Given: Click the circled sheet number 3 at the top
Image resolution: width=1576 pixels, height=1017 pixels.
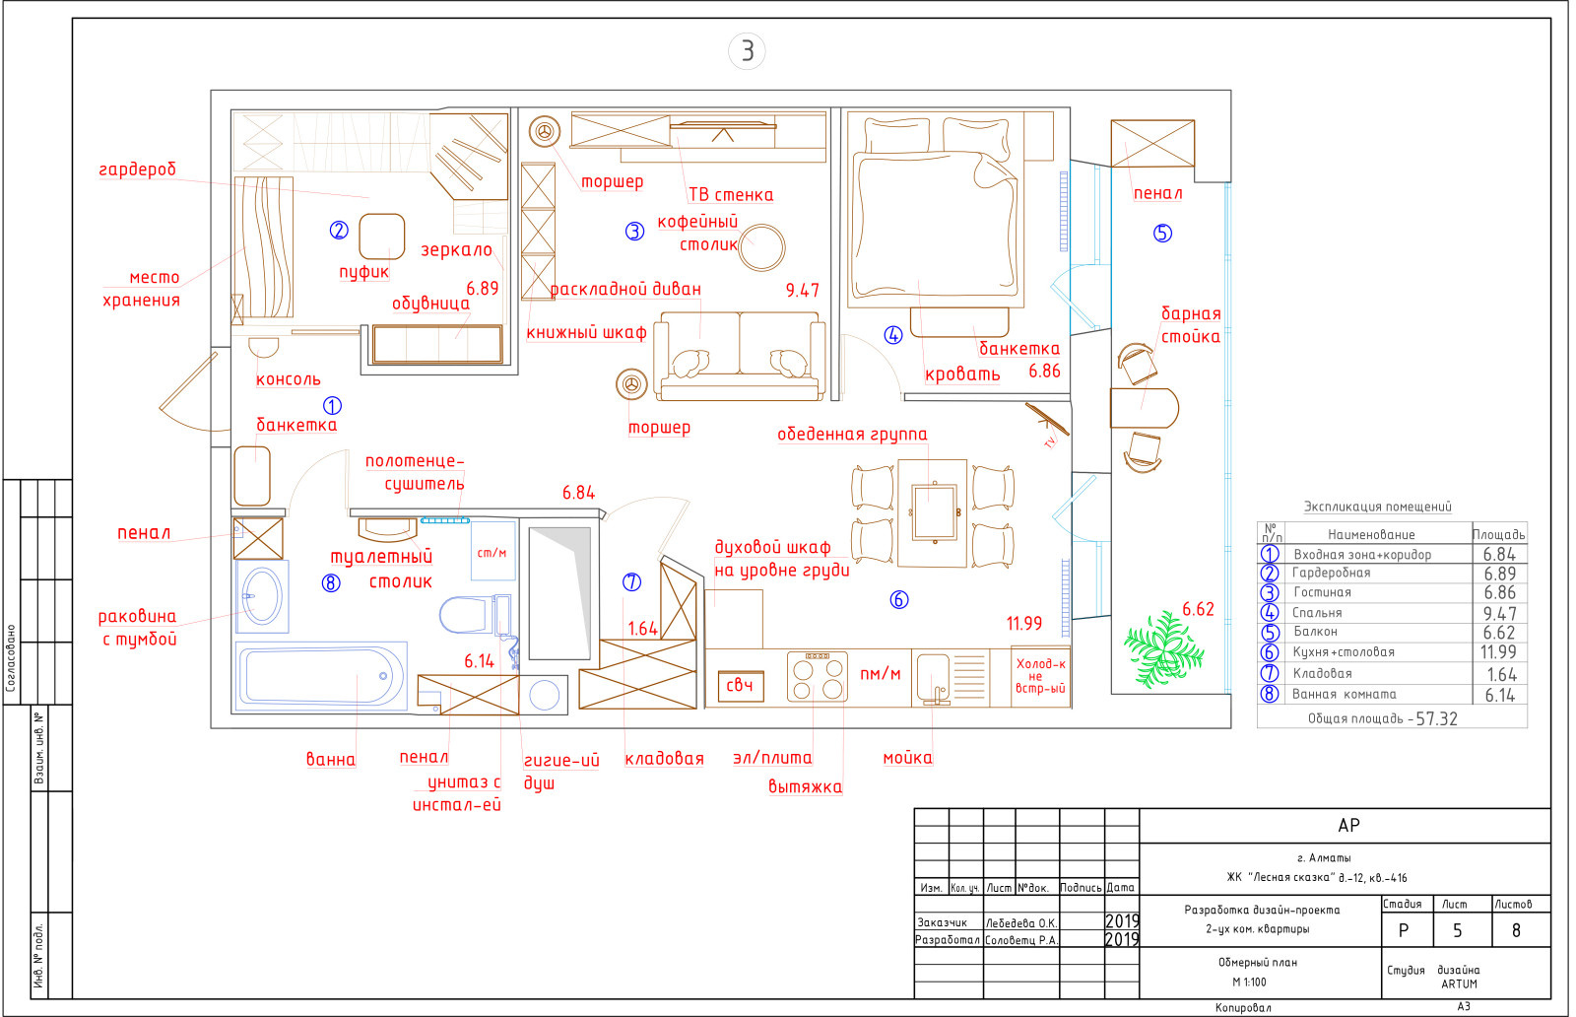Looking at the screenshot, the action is [x=747, y=51].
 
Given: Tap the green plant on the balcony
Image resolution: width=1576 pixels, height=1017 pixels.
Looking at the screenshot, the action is [x=1162, y=648].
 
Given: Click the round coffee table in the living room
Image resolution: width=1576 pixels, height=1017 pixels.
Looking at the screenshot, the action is [x=761, y=247].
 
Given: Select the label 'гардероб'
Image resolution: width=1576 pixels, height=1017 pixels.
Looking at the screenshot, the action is [x=137, y=169].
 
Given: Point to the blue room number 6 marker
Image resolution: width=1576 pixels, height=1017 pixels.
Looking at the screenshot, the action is [x=898, y=599].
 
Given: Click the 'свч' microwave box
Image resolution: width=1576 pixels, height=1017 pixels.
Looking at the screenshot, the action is [x=740, y=686].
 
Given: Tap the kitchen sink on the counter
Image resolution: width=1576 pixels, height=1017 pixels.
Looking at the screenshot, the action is [x=933, y=677].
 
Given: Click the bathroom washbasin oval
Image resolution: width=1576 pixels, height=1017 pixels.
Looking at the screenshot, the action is [x=262, y=596].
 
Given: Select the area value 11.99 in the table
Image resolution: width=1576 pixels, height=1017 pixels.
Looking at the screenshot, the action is [x=1498, y=652].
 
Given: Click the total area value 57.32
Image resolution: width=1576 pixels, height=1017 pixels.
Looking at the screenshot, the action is [x=1436, y=718].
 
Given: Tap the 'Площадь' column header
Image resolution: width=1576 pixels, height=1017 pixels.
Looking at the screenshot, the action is [x=1498, y=534].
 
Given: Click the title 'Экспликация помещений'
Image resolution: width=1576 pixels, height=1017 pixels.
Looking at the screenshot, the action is [x=1377, y=507].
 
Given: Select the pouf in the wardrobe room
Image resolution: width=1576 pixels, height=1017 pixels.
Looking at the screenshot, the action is [x=381, y=237].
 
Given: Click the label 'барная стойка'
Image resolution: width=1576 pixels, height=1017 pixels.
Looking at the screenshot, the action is [x=1191, y=325].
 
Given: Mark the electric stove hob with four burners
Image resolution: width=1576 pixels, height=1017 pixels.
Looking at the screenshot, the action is [x=817, y=676].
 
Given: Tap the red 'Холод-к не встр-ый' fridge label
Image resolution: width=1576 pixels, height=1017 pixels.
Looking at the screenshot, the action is [x=1040, y=676].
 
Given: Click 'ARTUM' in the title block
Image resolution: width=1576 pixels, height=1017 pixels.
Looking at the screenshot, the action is [x=1459, y=983].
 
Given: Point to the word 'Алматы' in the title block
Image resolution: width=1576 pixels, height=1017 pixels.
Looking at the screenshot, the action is [x=1330, y=858].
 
